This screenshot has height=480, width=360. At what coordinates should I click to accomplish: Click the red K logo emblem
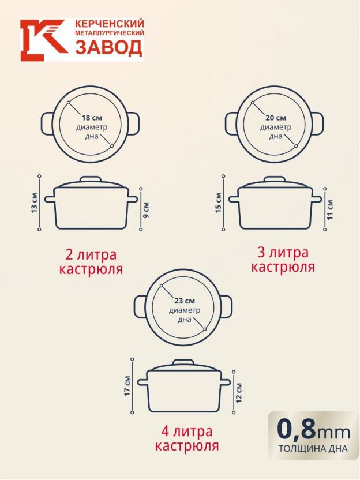pyautogui.click(x=43, y=40)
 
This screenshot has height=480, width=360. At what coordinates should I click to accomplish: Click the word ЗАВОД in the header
pyautogui.click(x=108, y=47)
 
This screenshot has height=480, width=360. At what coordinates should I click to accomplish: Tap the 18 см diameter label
pyautogui.click(x=92, y=118)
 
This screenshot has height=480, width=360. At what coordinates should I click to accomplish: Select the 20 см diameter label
pyautogui.click(x=276, y=118)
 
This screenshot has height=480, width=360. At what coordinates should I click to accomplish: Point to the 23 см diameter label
pyautogui.click(x=185, y=301)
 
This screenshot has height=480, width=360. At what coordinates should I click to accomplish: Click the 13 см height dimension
pyautogui.click(x=34, y=202)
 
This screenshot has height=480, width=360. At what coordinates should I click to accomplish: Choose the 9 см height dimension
pyautogui.click(x=146, y=209)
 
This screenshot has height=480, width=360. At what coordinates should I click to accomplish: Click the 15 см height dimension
pyautogui.click(x=218, y=202)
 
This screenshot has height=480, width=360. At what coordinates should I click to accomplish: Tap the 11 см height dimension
pyautogui.click(x=329, y=209)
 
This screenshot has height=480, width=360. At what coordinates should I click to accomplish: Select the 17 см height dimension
pyautogui.click(x=127, y=386)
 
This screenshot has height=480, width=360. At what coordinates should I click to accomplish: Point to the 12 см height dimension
pyautogui.click(x=239, y=392)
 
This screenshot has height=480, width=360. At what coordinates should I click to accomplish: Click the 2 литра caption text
pyautogui.click(x=91, y=254)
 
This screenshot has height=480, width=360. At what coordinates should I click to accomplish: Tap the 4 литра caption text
pyautogui.click(x=187, y=432)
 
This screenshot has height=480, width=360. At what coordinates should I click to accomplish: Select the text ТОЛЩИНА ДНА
pyautogui.click(x=313, y=449)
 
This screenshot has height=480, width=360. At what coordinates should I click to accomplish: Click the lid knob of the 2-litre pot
pyautogui.click(x=91, y=179)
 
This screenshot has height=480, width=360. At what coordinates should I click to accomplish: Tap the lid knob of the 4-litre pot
pyautogui.click(x=183, y=362)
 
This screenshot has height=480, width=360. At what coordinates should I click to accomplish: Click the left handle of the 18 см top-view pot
pyautogui.click(x=47, y=123)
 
